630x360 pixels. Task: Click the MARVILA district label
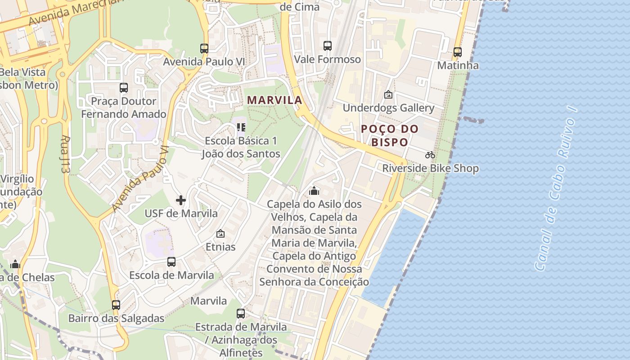[x=274, y=100]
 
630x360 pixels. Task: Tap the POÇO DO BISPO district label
[x=390, y=135]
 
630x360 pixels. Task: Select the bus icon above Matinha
[x=458, y=52]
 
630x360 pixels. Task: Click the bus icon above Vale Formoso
[x=328, y=46]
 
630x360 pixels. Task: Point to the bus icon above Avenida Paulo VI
[x=204, y=49]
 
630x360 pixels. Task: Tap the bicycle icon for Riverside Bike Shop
[x=430, y=155]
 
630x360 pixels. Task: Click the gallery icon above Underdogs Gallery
[x=388, y=95]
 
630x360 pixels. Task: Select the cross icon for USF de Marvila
[x=181, y=200]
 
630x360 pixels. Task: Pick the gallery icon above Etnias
[x=220, y=234]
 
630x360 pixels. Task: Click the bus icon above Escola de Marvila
[x=171, y=262]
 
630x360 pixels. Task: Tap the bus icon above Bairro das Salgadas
[x=116, y=305]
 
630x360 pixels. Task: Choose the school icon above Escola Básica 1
[x=241, y=128]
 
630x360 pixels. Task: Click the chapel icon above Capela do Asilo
[x=314, y=191]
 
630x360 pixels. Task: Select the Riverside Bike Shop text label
[x=430, y=169]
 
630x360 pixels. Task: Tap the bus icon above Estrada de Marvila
[x=241, y=314]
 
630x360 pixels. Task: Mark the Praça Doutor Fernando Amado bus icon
[x=124, y=88]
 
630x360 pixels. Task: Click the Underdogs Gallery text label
[x=388, y=108]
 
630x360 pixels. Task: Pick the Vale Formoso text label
[x=328, y=59]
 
